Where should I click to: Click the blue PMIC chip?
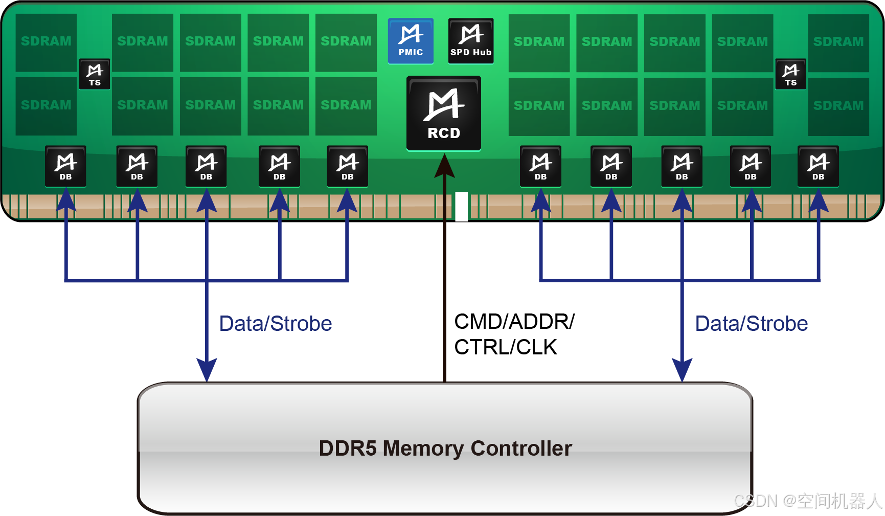[411, 41]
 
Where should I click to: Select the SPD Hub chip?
[471, 41]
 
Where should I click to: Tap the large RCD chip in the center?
[444, 114]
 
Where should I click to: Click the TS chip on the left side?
[95, 74]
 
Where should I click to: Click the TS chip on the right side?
[790, 74]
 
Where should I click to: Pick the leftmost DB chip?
[65, 166]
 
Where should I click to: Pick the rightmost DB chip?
[818, 166]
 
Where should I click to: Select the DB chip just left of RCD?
[347, 166]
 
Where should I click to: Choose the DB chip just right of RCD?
[540, 166]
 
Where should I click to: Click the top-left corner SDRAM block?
[46, 42]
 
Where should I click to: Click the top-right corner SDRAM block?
[838, 42]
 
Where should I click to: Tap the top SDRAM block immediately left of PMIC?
[346, 42]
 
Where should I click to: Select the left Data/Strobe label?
[276, 324]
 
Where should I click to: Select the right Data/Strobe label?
[752, 324]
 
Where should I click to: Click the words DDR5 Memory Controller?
[445, 448]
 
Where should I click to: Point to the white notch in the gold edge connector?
[462, 207]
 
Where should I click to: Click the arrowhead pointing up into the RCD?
[444, 166]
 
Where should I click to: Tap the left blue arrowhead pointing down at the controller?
[207, 369]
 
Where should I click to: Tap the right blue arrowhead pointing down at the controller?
[682, 369]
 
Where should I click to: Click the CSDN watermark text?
[808, 500]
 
